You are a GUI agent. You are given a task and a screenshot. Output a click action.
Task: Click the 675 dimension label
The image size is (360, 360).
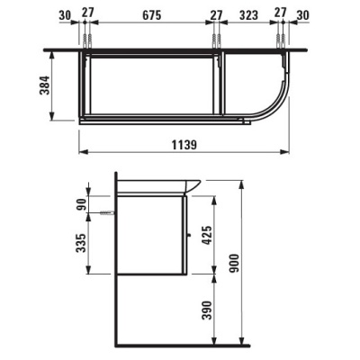(152, 15)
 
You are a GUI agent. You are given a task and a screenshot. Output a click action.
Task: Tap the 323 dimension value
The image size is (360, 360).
(248, 15)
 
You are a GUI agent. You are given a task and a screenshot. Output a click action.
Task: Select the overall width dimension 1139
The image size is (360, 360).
(184, 145)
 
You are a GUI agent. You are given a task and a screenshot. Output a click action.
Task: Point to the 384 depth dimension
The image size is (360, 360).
(45, 85)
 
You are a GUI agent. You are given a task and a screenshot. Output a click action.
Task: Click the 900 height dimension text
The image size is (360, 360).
(234, 263)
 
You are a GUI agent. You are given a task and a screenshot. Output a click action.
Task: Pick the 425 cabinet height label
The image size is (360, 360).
(207, 235)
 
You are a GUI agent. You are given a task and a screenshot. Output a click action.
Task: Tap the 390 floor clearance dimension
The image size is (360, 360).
(207, 310)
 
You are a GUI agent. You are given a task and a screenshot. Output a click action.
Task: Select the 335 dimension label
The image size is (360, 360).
(81, 243)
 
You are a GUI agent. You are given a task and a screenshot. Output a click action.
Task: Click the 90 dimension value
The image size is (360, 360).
(81, 204)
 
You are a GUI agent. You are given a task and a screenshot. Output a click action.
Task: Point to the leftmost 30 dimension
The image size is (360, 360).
(65, 15)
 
